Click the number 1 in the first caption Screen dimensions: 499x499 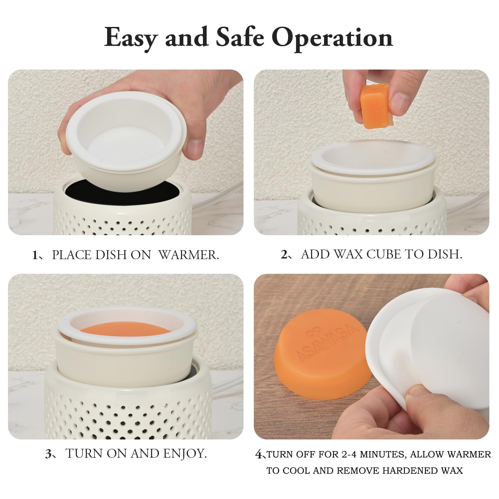(35, 255)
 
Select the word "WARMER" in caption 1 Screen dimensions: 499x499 (189, 255)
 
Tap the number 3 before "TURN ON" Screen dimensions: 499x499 (48, 454)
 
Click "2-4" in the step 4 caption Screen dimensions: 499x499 (350, 454)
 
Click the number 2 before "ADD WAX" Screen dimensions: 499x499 (284, 254)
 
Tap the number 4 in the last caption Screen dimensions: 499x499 (258, 454)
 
